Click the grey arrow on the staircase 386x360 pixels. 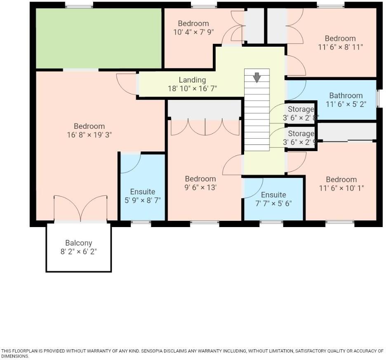pos(257,77)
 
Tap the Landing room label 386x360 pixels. pos(192,80)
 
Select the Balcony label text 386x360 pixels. pos(78,243)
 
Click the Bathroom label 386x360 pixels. pos(346,95)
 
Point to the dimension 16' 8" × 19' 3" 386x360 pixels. pos(89,135)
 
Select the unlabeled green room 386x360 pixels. pos(98,38)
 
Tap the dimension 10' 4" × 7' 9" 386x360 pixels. pos(193,32)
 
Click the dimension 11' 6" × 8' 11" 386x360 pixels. pos(340,47)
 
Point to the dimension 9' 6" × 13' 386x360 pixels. pos(200,187)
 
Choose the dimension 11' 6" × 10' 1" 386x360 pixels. pos(341,188)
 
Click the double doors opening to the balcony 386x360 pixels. pos(81,208)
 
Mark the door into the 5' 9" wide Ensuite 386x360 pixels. pos(130,162)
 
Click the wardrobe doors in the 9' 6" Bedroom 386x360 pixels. pos(205,128)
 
